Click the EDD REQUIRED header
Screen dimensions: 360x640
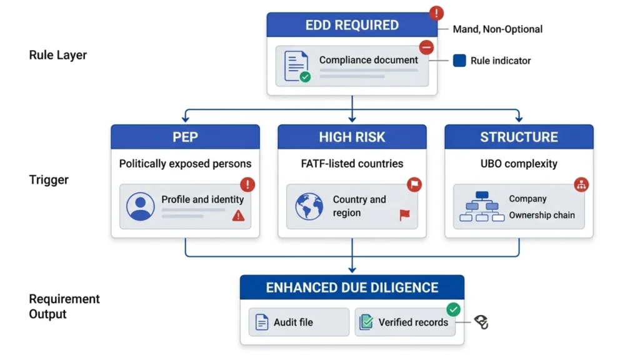pyautogui.click(x=352, y=26)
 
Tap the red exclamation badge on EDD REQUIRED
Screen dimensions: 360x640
pyautogui.click(x=436, y=13)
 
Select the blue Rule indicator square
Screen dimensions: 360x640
pyautogui.click(x=459, y=61)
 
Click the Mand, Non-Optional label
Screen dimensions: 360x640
pyautogui.click(x=497, y=29)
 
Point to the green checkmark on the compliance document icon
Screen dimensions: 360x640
pyautogui.click(x=305, y=77)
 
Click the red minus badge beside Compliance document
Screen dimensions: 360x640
pyautogui.click(x=426, y=47)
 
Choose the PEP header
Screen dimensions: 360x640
pyautogui.click(x=185, y=137)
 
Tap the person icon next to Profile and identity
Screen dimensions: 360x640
pyautogui.click(x=140, y=206)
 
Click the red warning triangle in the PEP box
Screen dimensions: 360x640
pyautogui.click(x=238, y=216)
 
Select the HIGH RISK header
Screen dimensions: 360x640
pyautogui.click(x=352, y=137)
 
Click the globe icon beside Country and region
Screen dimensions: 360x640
pyautogui.click(x=309, y=206)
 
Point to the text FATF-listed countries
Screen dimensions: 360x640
pyautogui.click(x=352, y=164)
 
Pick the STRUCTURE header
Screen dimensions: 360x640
pyautogui.click(x=519, y=137)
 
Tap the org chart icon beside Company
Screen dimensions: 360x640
pyautogui.click(x=482, y=206)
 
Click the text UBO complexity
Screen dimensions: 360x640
pyautogui.click(x=519, y=164)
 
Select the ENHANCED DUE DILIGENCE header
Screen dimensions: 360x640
pyautogui.click(x=352, y=287)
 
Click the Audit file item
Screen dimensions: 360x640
pyautogui.click(x=299, y=322)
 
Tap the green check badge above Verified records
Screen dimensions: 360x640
pyautogui.click(x=453, y=309)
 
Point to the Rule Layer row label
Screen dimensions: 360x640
pyautogui.click(x=58, y=55)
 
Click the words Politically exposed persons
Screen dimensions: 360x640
pyautogui.click(x=185, y=164)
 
